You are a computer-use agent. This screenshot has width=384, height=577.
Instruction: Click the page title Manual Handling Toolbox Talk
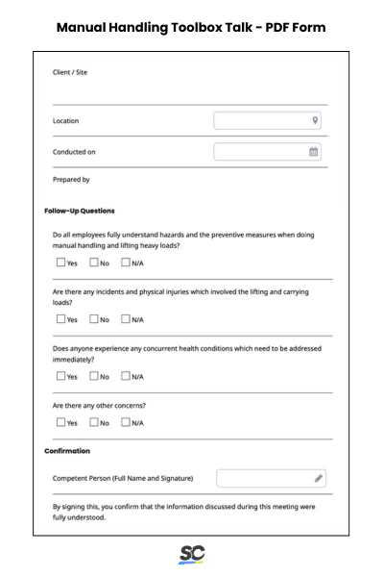tap(192, 27)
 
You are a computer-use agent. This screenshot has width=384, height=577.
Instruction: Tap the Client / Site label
tap(70, 72)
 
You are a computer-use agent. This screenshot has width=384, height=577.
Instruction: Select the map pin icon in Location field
tap(315, 121)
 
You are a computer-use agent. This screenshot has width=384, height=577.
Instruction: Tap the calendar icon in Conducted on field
tap(314, 152)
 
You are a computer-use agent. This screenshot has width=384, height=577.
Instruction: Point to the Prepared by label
tap(71, 179)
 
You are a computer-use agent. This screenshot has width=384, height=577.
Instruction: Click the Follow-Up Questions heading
tap(80, 211)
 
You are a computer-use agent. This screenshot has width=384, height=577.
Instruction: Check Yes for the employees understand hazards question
tap(61, 262)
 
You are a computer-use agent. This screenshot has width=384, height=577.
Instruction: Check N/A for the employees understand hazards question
tap(126, 262)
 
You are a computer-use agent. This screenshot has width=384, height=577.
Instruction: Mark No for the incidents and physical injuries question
tap(94, 318)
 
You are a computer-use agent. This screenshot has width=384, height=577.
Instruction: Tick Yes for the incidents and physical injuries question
tap(61, 318)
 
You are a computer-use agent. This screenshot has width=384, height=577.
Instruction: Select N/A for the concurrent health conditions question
tap(126, 376)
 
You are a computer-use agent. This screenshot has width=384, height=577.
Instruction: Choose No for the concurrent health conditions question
tap(94, 376)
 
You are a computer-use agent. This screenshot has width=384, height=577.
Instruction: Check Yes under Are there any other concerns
tap(61, 422)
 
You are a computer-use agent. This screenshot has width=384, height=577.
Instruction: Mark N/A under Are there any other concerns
tap(126, 422)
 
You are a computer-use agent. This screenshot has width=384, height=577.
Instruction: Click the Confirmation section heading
tap(67, 450)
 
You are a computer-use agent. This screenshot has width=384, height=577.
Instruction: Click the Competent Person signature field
tap(264, 478)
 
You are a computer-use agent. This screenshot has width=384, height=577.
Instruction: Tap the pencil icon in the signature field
tap(318, 478)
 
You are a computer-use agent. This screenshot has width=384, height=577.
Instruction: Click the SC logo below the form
tap(192, 555)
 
